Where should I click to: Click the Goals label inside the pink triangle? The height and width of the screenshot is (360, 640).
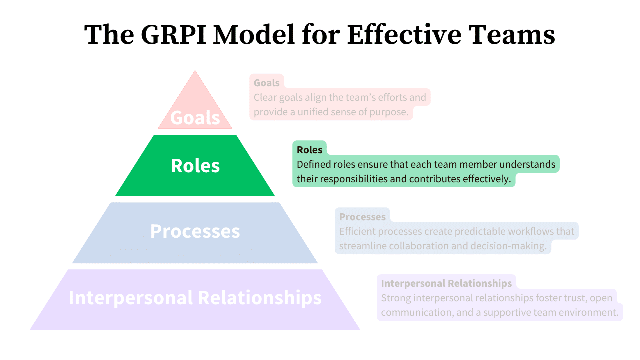pyautogui.click(x=195, y=118)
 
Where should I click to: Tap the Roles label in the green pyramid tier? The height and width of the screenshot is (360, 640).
pyautogui.click(x=195, y=166)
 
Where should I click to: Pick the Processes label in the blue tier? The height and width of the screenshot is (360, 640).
pyautogui.click(x=195, y=231)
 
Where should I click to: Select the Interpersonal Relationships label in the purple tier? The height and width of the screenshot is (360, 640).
pyautogui.click(x=195, y=297)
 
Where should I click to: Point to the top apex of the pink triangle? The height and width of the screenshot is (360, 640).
pyautogui.click(x=195, y=71)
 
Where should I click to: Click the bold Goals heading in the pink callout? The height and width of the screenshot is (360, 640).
pyautogui.click(x=266, y=83)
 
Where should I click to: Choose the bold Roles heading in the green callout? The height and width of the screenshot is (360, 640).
pyautogui.click(x=309, y=150)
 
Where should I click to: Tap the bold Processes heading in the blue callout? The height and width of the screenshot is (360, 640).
pyautogui.click(x=362, y=217)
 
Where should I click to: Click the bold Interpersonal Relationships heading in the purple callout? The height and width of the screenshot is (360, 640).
pyautogui.click(x=446, y=283)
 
